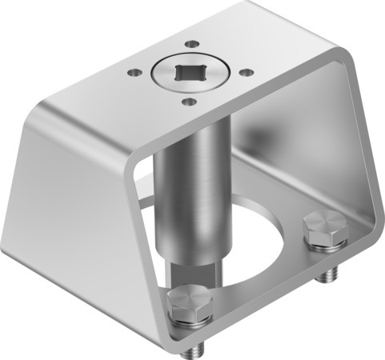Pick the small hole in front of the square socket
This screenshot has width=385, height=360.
coord(188,101)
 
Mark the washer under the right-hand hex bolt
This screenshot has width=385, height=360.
coord(326,242)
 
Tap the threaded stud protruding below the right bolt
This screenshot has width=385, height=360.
coord(324,274)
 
